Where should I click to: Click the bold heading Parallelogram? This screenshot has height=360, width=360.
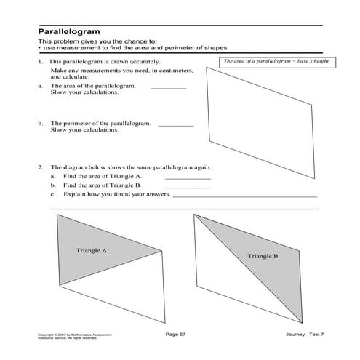(69, 33)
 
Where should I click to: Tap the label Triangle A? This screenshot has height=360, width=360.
(92, 251)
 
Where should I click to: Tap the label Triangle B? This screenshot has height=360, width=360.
(263, 256)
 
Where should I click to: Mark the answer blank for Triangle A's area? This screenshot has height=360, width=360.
(188, 177)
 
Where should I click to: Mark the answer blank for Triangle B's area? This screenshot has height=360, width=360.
(188, 187)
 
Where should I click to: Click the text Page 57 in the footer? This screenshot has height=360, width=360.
(177, 334)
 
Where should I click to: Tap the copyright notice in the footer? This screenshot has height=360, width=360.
(67, 335)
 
